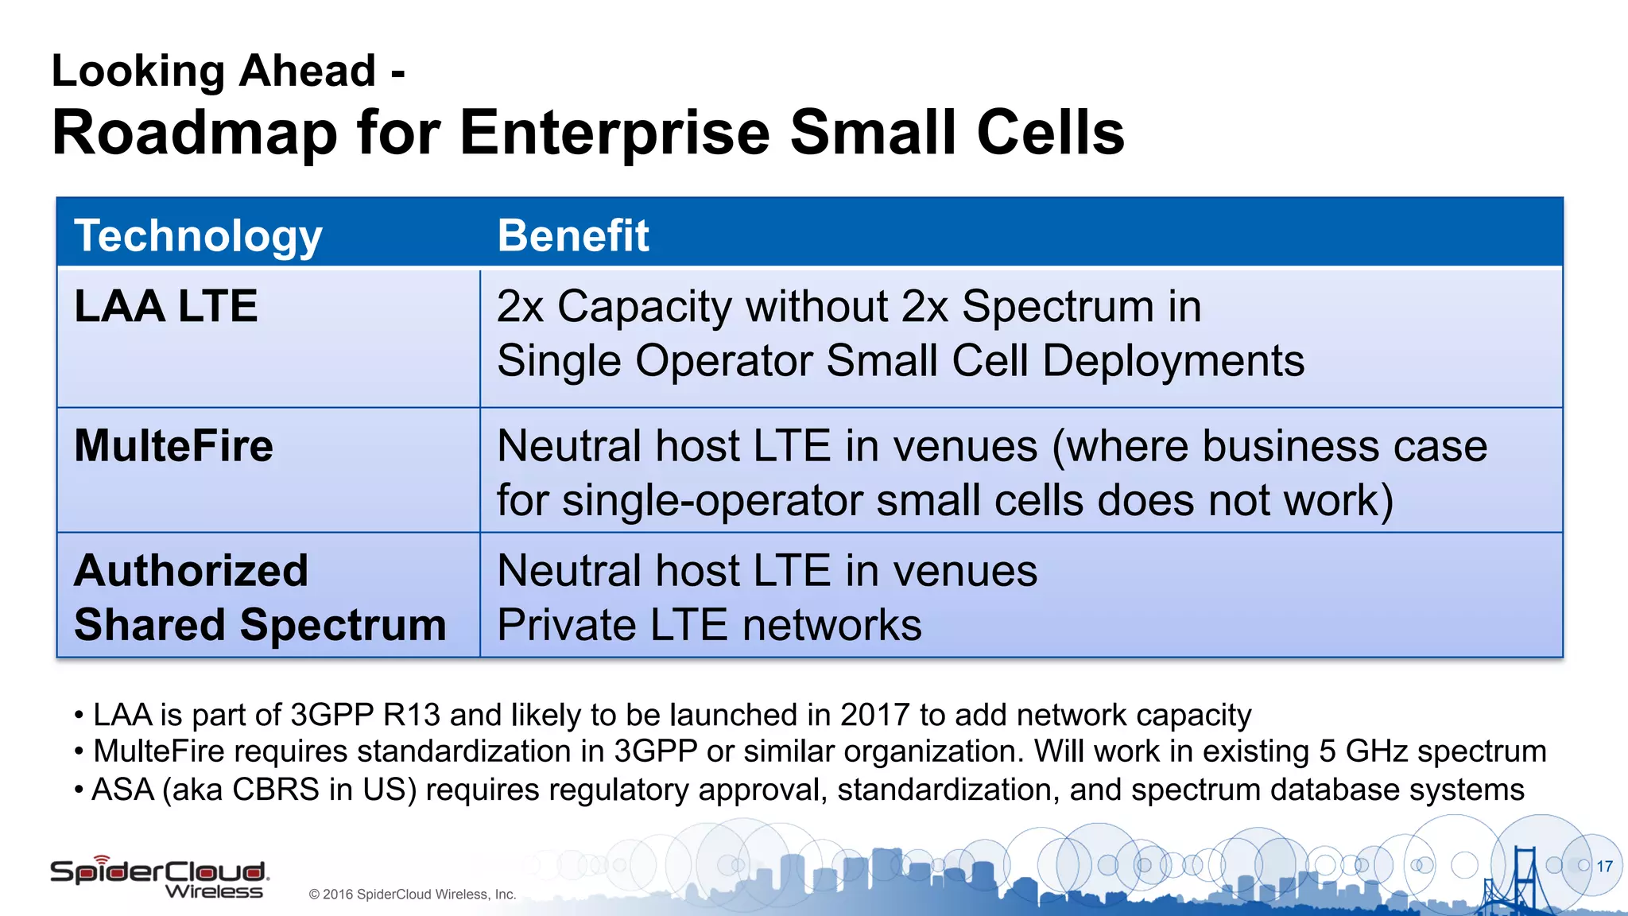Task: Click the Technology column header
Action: click(198, 236)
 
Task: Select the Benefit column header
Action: click(572, 236)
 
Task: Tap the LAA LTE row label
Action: click(165, 306)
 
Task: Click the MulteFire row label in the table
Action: click(173, 445)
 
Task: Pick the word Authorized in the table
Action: click(191, 571)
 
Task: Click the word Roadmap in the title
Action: click(195, 133)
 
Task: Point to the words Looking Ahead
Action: click(213, 71)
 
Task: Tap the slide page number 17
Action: click(1604, 867)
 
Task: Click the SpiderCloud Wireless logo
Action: click(159, 878)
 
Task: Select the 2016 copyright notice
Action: click(412, 895)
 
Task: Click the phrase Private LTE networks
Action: click(709, 625)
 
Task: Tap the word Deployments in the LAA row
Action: click(1173, 361)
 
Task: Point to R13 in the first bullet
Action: click(411, 715)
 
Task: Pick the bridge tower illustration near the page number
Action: click(1522, 879)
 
